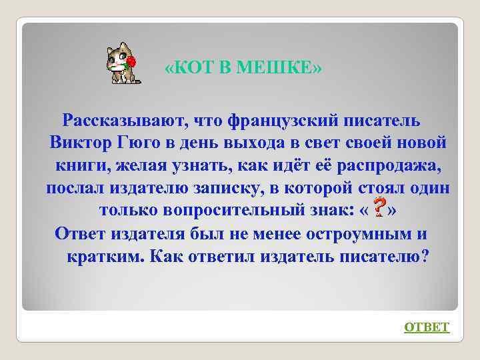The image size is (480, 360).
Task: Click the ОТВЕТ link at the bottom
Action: click(x=427, y=327)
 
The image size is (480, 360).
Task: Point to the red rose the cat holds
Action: click(x=131, y=61)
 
